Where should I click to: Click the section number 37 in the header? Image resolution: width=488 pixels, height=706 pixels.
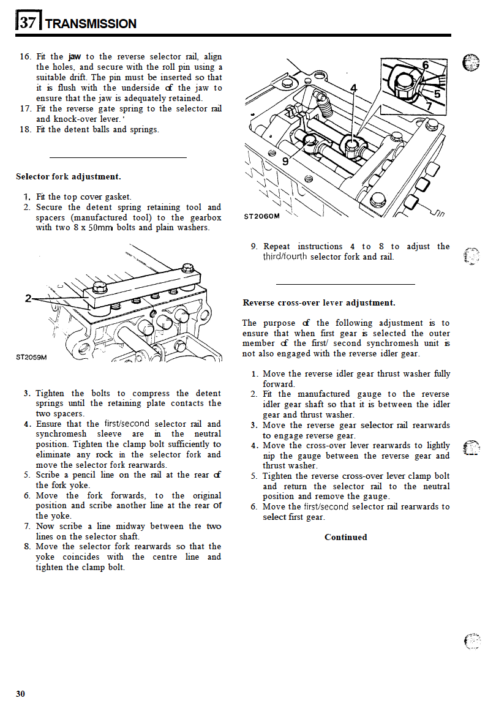pos(28,23)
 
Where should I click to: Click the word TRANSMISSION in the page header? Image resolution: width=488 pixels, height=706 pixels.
pos(91,24)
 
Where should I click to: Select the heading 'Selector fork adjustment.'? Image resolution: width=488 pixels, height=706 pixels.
pos(69,176)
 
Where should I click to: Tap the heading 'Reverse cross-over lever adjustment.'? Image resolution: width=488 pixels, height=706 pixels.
pos(319,302)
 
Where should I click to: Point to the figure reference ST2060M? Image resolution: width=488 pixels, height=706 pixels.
pos(261,216)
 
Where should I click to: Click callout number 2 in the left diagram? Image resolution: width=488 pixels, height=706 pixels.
pos(28,298)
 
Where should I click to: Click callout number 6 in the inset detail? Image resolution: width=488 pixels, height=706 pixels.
pos(425,65)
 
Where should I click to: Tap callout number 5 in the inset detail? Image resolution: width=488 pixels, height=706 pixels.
pos(437,94)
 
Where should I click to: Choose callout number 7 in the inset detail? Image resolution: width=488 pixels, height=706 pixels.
pos(428,107)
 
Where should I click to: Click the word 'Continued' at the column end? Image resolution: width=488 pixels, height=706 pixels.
pos(346,537)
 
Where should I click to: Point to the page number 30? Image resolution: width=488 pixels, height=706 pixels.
pos(21,693)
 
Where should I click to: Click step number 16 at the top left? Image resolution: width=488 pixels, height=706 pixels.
pos(25,57)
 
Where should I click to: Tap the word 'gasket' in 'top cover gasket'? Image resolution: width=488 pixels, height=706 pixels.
pos(116,197)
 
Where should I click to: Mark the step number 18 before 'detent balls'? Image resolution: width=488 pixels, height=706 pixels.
pos(25,129)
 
